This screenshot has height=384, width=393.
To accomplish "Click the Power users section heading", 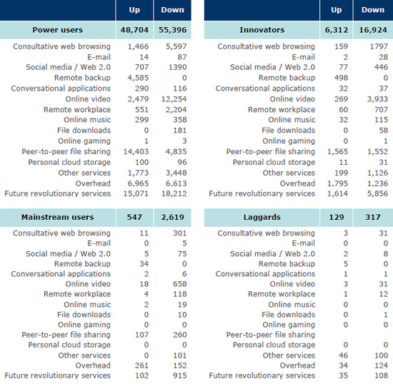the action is pyautogui.click(x=57, y=30).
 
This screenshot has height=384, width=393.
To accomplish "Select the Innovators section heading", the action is pyautogui.click(x=262, y=30).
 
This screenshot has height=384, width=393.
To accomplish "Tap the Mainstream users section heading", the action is pyautogui.click(x=57, y=217).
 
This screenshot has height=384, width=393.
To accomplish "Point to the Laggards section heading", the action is pyautogui.click(x=262, y=217).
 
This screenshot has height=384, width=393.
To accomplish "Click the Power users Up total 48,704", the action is pyautogui.click(x=134, y=30).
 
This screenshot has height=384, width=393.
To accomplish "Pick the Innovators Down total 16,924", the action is pyautogui.click(x=373, y=30).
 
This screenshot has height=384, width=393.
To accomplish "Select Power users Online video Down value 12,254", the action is pyautogui.click(x=174, y=99).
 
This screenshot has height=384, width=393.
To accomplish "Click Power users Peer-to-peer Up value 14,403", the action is pyautogui.click(x=136, y=152).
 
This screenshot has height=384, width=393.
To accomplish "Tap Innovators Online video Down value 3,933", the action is pyautogui.click(x=377, y=99).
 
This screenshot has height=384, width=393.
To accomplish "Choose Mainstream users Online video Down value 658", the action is pyautogui.click(x=179, y=284).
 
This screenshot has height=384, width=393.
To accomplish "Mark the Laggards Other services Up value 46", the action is pyautogui.click(x=343, y=355).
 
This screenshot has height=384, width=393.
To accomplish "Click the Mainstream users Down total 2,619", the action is pyautogui.click(x=172, y=217).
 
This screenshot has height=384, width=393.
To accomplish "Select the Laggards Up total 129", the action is pyautogui.click(x=337, y=217).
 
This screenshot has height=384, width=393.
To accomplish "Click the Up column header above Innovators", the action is pyautogui.click(x=336, y=10).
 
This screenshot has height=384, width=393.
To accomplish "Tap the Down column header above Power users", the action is pyautogui.click(x=172, y=10).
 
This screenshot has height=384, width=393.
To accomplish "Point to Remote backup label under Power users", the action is pyautogui.click(x=82, y=78).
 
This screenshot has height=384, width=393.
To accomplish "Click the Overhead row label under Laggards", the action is pyautogui.click(x=297, y=365).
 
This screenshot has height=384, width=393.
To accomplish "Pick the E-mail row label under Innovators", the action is pyautogui.click(x=303, y=57).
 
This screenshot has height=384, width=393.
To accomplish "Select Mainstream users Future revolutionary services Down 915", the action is pyautogui.click(x=179, y=375).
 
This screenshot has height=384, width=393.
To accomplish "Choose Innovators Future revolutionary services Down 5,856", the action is pyautogui.click(x=377, y=193).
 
